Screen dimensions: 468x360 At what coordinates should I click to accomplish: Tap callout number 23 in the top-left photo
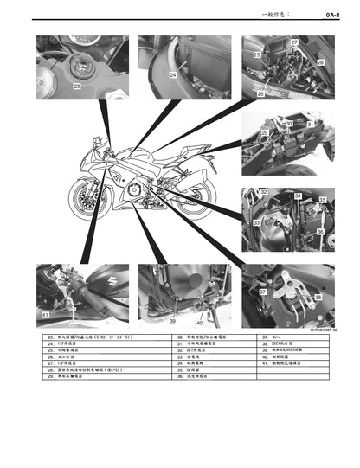pyautogui.click(x=76, y=87)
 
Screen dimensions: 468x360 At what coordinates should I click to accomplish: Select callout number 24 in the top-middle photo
pyautogui.click(x=173, y=75)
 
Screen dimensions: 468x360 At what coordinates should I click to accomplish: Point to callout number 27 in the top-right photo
pyautogui.click(x=293, y=42)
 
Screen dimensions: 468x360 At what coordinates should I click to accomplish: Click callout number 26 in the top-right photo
pyautogui.click(x=260, y=93)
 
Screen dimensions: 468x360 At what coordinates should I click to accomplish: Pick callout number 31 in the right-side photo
pyautogui.click(x=310, y=125)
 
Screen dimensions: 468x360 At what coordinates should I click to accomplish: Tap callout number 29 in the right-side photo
pyautogui.click(x=265, y=132)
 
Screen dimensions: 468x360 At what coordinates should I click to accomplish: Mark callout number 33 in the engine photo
pyautogui.click(x=256, y=223)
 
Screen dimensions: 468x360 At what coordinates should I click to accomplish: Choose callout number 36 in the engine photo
pyautogui.click(x=319, y=231)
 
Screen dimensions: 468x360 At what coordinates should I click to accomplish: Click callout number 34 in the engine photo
pyautogui.click(x=297, y=196)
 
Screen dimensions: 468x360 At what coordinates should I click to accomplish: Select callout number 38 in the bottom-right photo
pyautogui.click(x=317, y=298)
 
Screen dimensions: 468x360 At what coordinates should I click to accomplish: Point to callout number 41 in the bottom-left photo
pyautogui.click(x=45, y=316)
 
